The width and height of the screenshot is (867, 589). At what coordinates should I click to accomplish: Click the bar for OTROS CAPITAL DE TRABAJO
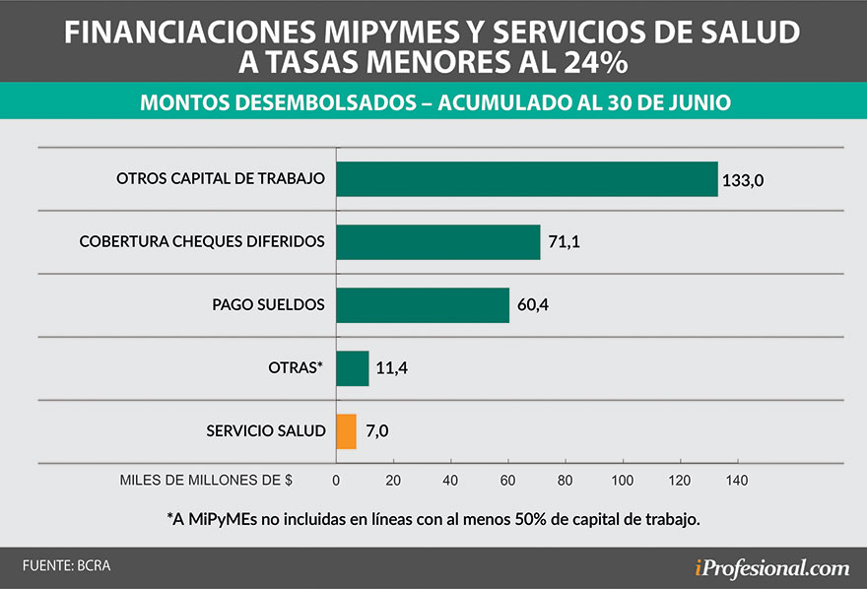pos(527,178)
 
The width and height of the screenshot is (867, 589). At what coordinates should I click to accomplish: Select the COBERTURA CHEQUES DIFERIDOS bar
pos(438,241)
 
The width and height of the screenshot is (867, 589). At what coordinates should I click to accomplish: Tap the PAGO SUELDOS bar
pos(423,304)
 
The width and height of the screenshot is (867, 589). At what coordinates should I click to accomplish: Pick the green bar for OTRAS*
pos(353,368)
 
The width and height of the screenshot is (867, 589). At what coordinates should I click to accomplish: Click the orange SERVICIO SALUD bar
pos(346,431)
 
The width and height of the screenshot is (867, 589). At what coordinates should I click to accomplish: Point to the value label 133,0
pos(744,179)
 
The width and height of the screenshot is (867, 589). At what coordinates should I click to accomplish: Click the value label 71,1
pos(564,242)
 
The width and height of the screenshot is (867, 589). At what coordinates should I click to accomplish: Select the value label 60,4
pos(532,305)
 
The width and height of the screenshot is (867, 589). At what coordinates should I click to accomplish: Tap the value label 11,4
pos(391,368)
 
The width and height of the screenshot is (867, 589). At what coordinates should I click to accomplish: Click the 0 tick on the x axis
pos(336,481)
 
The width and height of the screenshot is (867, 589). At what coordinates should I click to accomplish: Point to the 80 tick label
pos(565,481)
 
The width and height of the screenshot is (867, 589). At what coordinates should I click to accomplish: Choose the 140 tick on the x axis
pos(736,481)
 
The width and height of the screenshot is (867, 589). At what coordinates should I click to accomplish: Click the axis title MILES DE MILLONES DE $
pos(206,481)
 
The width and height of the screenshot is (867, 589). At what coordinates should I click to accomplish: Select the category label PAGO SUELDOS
pos(268,304)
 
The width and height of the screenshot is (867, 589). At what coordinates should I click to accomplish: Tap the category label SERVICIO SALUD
pos(265,431)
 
